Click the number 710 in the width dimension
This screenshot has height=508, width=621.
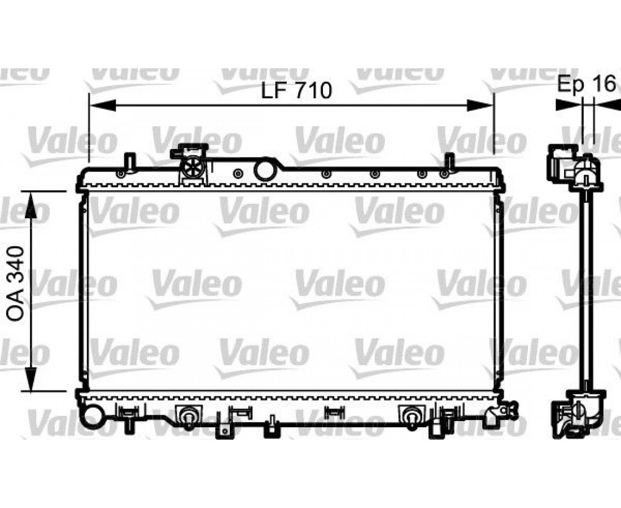point(312,91)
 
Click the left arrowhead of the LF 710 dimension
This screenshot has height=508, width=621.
point(103,106)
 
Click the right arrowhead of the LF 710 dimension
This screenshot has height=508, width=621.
point(480,106)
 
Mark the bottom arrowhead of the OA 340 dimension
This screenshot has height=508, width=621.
point(30,379)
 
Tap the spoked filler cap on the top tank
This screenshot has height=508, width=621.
point(193,168)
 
